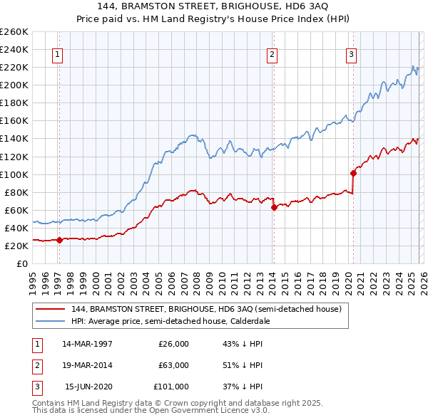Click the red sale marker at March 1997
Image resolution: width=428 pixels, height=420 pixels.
tap(59, 240)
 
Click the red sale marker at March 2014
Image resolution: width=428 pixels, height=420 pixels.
tap(274, 207)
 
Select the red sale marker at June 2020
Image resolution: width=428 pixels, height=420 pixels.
tap(353, 173)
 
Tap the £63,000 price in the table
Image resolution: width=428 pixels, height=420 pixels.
tap(173, 365)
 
